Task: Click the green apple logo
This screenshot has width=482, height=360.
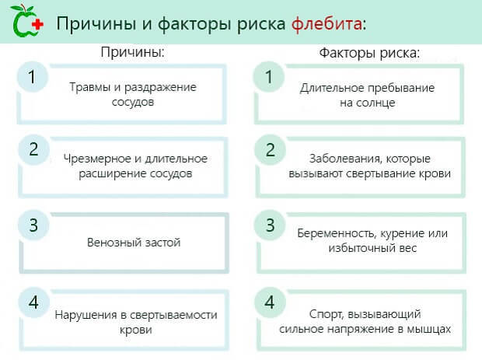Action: pyautogui.click(x=22, y=23)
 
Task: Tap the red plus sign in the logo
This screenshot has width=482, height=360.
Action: pyautogui.click(x=37, y=23)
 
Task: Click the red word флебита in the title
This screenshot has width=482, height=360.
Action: pyautogui.click(x=327, y=23)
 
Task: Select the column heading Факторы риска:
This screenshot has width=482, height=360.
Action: pyautogui.click(x=370, y=54)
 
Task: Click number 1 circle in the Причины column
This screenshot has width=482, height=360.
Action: pyautogui.click(x=32, y=78)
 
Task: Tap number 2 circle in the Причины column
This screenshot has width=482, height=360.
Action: pyautogui.click(x=32, y=150)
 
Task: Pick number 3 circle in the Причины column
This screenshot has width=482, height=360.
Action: pyautogui.click(x=32, y=225)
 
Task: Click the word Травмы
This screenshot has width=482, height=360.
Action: pyautogui.click(x=89, y=87)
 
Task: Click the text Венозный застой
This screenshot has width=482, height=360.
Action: pyautogui.click(x=134, y=243)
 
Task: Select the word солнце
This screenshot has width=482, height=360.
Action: pyautogui.click(x=376, y=102)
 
